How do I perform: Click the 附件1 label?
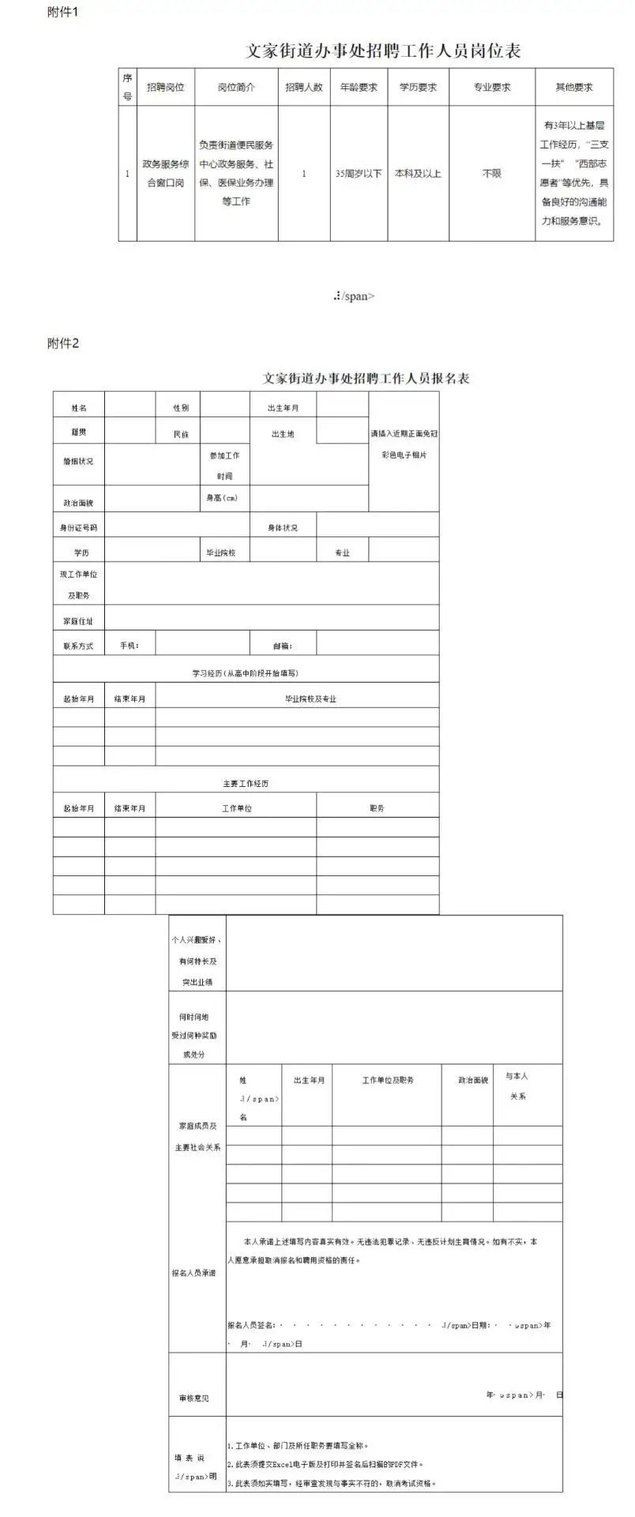point(63,13)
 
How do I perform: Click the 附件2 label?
point(63,343)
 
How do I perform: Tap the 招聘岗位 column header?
point(165,88)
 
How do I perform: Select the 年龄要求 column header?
point(359,88)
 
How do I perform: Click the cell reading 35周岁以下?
point(359,174)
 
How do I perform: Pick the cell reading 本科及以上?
point(418,174)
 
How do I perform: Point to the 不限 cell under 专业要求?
point(491,174)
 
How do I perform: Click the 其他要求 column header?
point(574,88)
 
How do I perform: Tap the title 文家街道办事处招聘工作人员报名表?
point(366,378)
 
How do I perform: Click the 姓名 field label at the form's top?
point(79,408)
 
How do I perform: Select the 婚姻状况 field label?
point(79,461)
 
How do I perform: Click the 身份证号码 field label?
point(79,528)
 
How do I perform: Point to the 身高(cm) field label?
point(222,498)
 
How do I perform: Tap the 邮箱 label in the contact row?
point(282,646)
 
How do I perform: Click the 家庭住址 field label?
point(79,622)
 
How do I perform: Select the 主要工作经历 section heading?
point(246,784)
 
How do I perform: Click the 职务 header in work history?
point(377,809)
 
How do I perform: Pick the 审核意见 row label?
point(194,1398)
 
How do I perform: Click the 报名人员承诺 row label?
point(194,1273)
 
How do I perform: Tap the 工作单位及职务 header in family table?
point(388,1080)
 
